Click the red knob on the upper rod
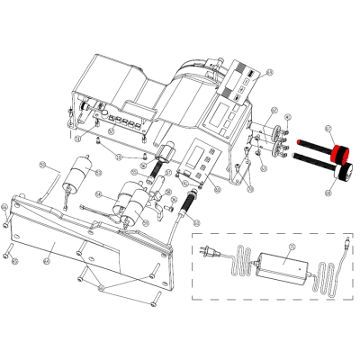(x=341, y=149)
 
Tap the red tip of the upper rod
(x=298, y=142)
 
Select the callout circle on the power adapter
(x=290, y=247)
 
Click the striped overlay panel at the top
(x=242, y=80)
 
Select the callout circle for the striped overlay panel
(x=269, y=71)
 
